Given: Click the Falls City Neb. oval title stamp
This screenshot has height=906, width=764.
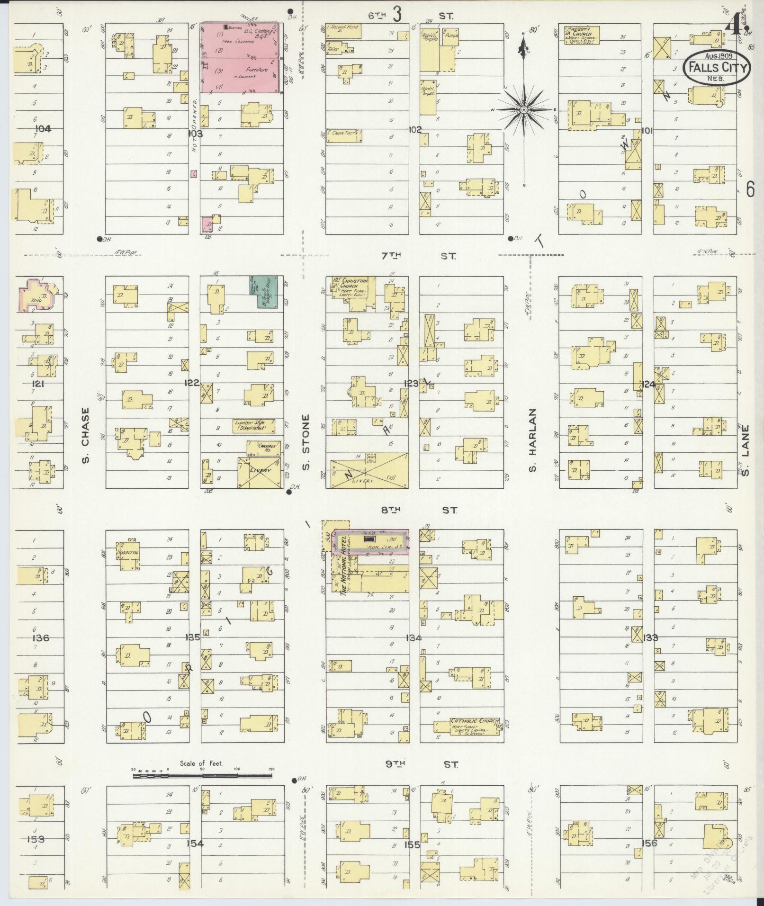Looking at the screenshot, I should pyautogui.click(x=717, y=68).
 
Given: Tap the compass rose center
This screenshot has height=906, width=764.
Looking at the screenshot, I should pyautogui.click(x=524, y=110).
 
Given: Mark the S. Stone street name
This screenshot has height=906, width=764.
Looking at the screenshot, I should pyautogui.click(x=306, y=443).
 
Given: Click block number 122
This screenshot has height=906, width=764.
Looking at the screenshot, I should pyautogui.click(x=192, y=383).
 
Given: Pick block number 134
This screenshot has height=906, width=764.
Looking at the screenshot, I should pyautogui.click(x=413, y=637).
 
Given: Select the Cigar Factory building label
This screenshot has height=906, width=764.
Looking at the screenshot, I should pyautogui.click(x=344, y=134).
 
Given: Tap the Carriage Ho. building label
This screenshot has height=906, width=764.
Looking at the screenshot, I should pyautogui.click(x=266, y=446).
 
